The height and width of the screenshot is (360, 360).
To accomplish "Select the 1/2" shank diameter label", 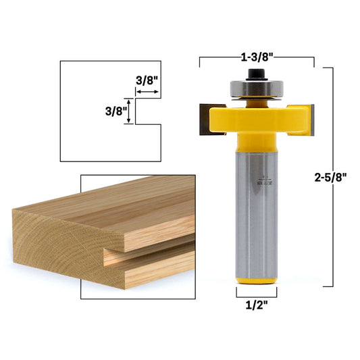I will pos(257,304).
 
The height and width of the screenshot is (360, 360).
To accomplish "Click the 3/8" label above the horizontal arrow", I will pos(147,80).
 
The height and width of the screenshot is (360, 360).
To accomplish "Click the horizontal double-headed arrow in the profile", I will pos(147,88).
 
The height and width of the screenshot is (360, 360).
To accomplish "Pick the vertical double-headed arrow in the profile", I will pos(132,111).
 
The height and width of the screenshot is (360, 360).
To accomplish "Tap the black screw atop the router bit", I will pos(257,71).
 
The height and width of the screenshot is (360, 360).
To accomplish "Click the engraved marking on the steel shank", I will pos(268,176).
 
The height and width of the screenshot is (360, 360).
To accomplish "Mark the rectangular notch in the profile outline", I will pos(149,111).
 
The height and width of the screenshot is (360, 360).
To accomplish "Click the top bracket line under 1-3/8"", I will pos(257,59).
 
